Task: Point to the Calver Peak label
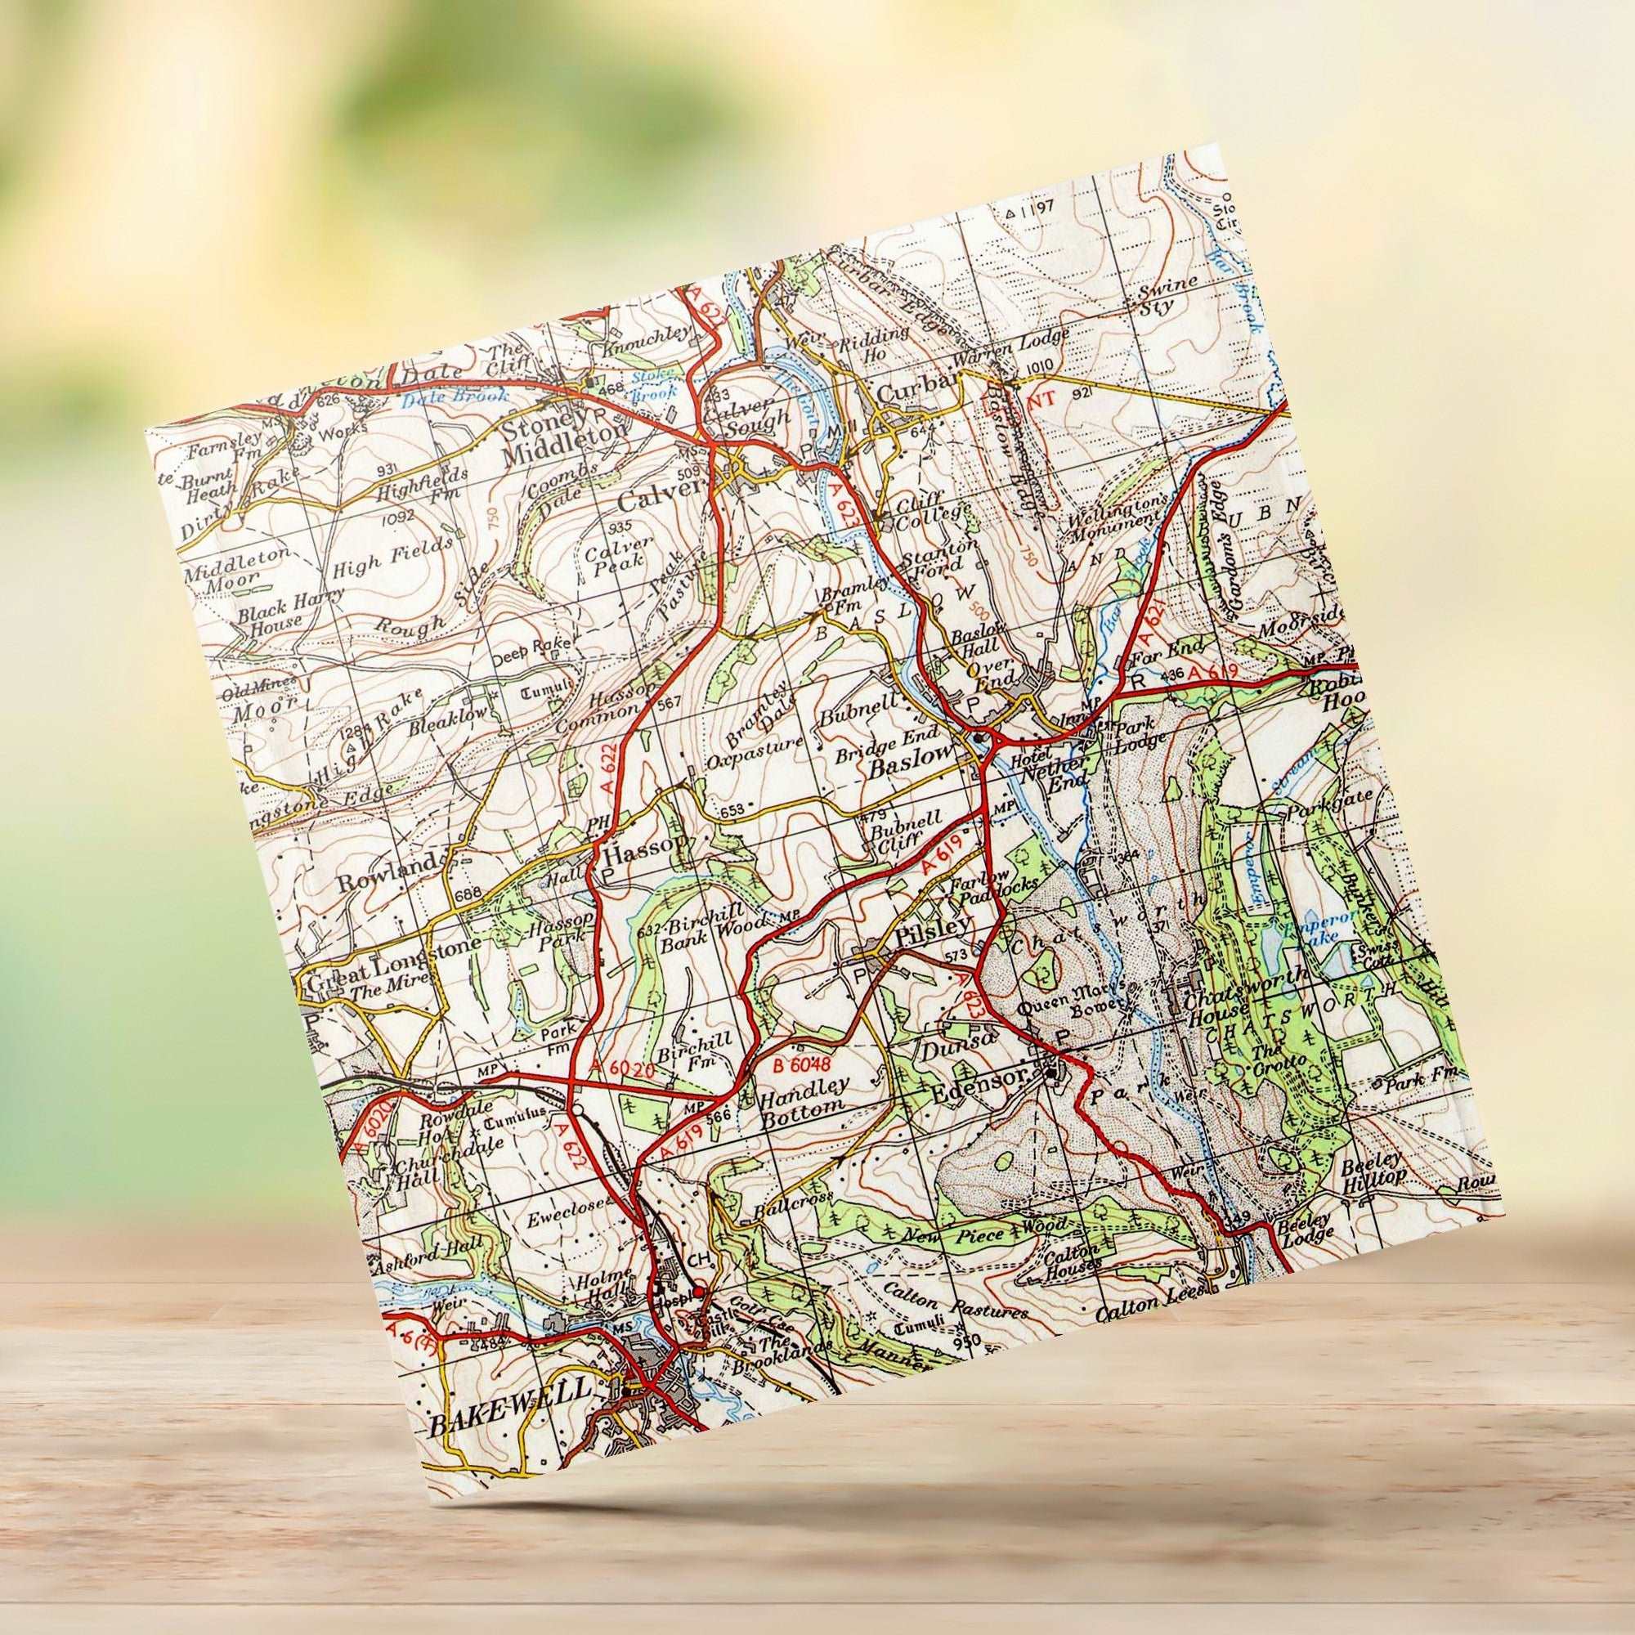pos(616,553)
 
